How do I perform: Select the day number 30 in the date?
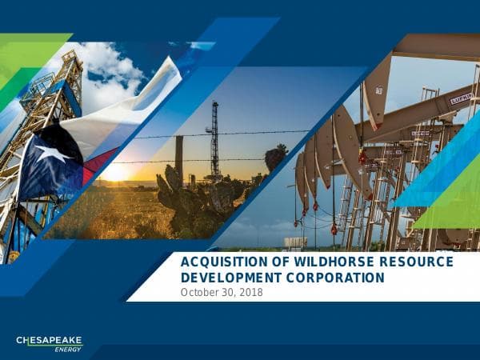click(228, 293)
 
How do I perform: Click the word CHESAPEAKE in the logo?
click(50, 341)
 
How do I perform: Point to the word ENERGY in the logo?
click(68, 349)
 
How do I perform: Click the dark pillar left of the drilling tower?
click(179, 156)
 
